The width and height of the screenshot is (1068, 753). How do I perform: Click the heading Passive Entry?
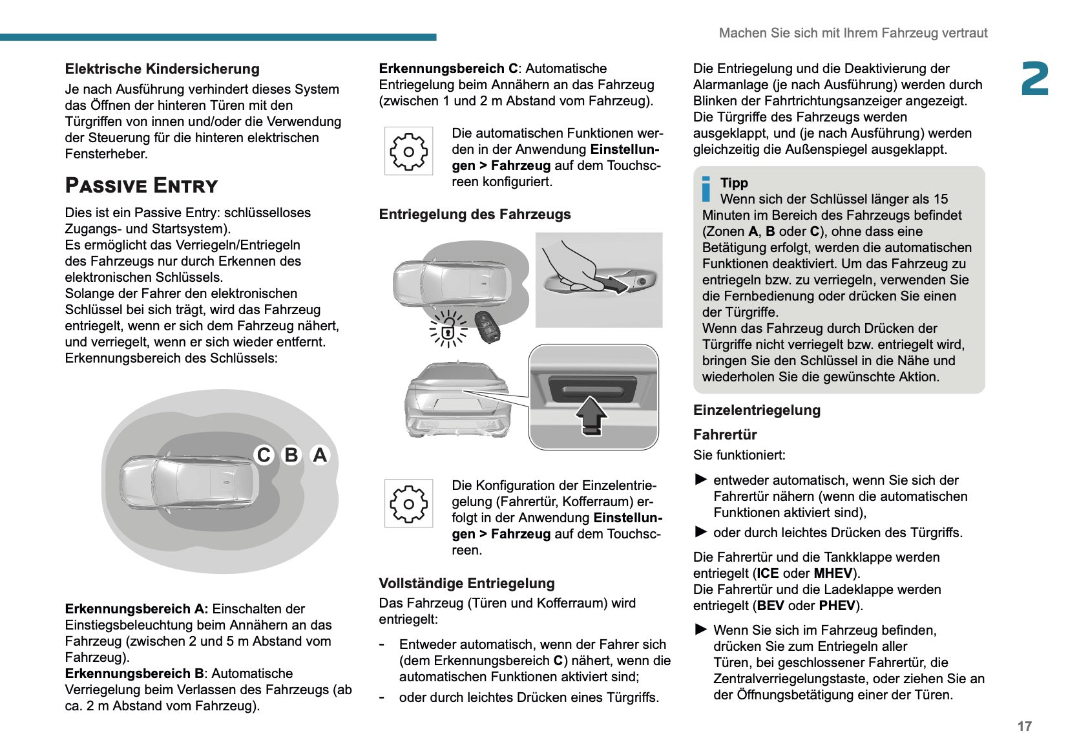pos(141,186)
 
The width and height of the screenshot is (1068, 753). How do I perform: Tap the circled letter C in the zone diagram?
pos(264,455)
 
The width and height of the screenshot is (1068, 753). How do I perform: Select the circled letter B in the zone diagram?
pos(291,455)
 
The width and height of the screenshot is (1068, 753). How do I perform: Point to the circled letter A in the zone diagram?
pos(320,455)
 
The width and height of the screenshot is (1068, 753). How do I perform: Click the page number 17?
pos(1024,726)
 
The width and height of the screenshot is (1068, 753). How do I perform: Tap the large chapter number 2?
pos(1034,80)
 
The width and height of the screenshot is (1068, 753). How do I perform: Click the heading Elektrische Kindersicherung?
pos(162,69)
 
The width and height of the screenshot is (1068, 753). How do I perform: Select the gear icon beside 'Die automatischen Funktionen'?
pos(408,151)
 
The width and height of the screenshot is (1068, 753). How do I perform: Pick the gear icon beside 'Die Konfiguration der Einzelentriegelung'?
pos(408,503)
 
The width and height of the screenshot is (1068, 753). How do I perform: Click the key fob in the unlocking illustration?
pos(485,326)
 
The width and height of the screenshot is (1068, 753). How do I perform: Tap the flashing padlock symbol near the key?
pos(447,330)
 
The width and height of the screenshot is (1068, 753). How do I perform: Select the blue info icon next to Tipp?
pos(706,189)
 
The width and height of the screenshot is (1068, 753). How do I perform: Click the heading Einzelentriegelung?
pos(757,410)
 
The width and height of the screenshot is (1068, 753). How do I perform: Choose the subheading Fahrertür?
pos(724,435)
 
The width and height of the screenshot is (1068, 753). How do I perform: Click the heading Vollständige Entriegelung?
pos(466,584)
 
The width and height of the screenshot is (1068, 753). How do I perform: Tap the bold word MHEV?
pos(833,573)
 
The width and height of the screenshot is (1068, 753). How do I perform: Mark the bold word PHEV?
pos(837,606)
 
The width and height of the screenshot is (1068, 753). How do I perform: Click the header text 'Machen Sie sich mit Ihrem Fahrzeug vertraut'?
pos(853,33)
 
